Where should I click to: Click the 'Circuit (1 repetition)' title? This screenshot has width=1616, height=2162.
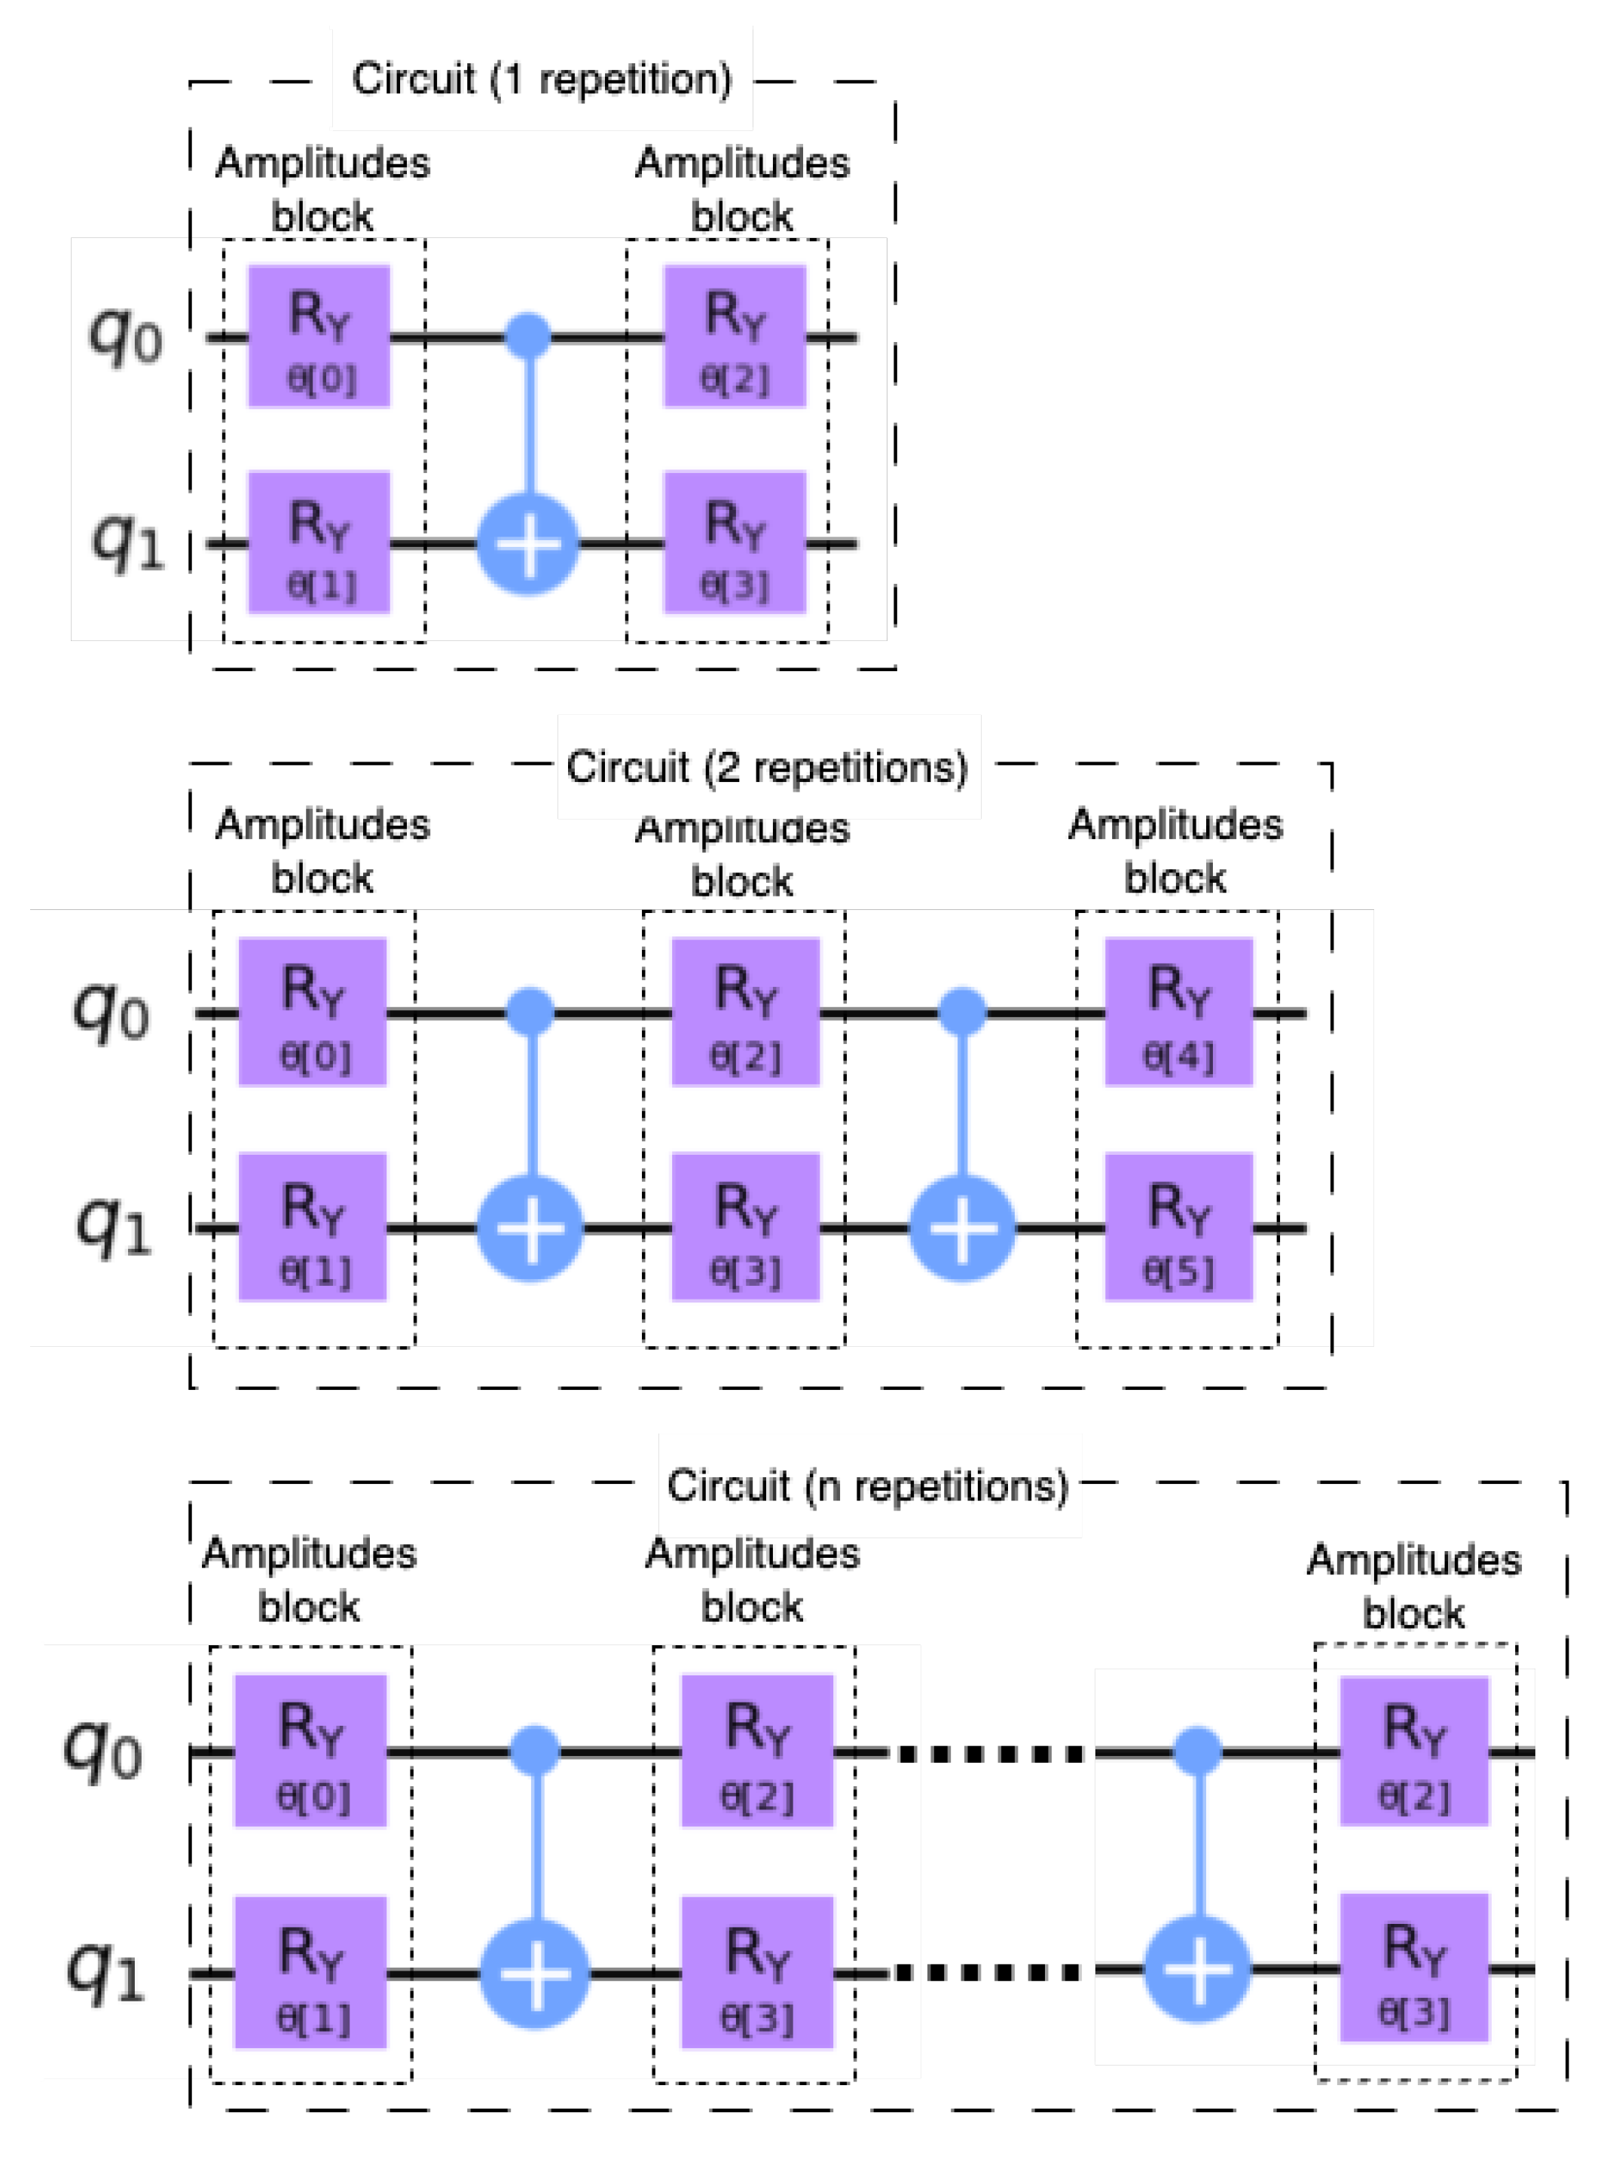(542, 79)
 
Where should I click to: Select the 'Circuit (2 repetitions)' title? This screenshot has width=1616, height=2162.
(768, 768)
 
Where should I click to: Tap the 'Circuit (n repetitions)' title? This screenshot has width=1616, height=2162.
(868, 1486)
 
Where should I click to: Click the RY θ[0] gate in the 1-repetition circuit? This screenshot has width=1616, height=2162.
(319, 336)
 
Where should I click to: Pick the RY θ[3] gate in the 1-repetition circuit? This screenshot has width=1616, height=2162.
(735, 542)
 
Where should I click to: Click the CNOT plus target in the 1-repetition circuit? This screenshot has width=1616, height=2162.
(528, 543)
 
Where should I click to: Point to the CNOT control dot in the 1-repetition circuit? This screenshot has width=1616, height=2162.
(528, 336)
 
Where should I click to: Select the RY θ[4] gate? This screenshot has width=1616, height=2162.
(1178, 1012)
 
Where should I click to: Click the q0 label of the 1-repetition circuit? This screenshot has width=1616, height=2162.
(125, 336)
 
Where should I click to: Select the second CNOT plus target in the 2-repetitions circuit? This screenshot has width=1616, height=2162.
(962, 1228)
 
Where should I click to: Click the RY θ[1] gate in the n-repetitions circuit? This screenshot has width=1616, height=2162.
(311, 1972)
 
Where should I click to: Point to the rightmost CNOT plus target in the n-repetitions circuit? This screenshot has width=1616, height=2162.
(1198, 1969)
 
